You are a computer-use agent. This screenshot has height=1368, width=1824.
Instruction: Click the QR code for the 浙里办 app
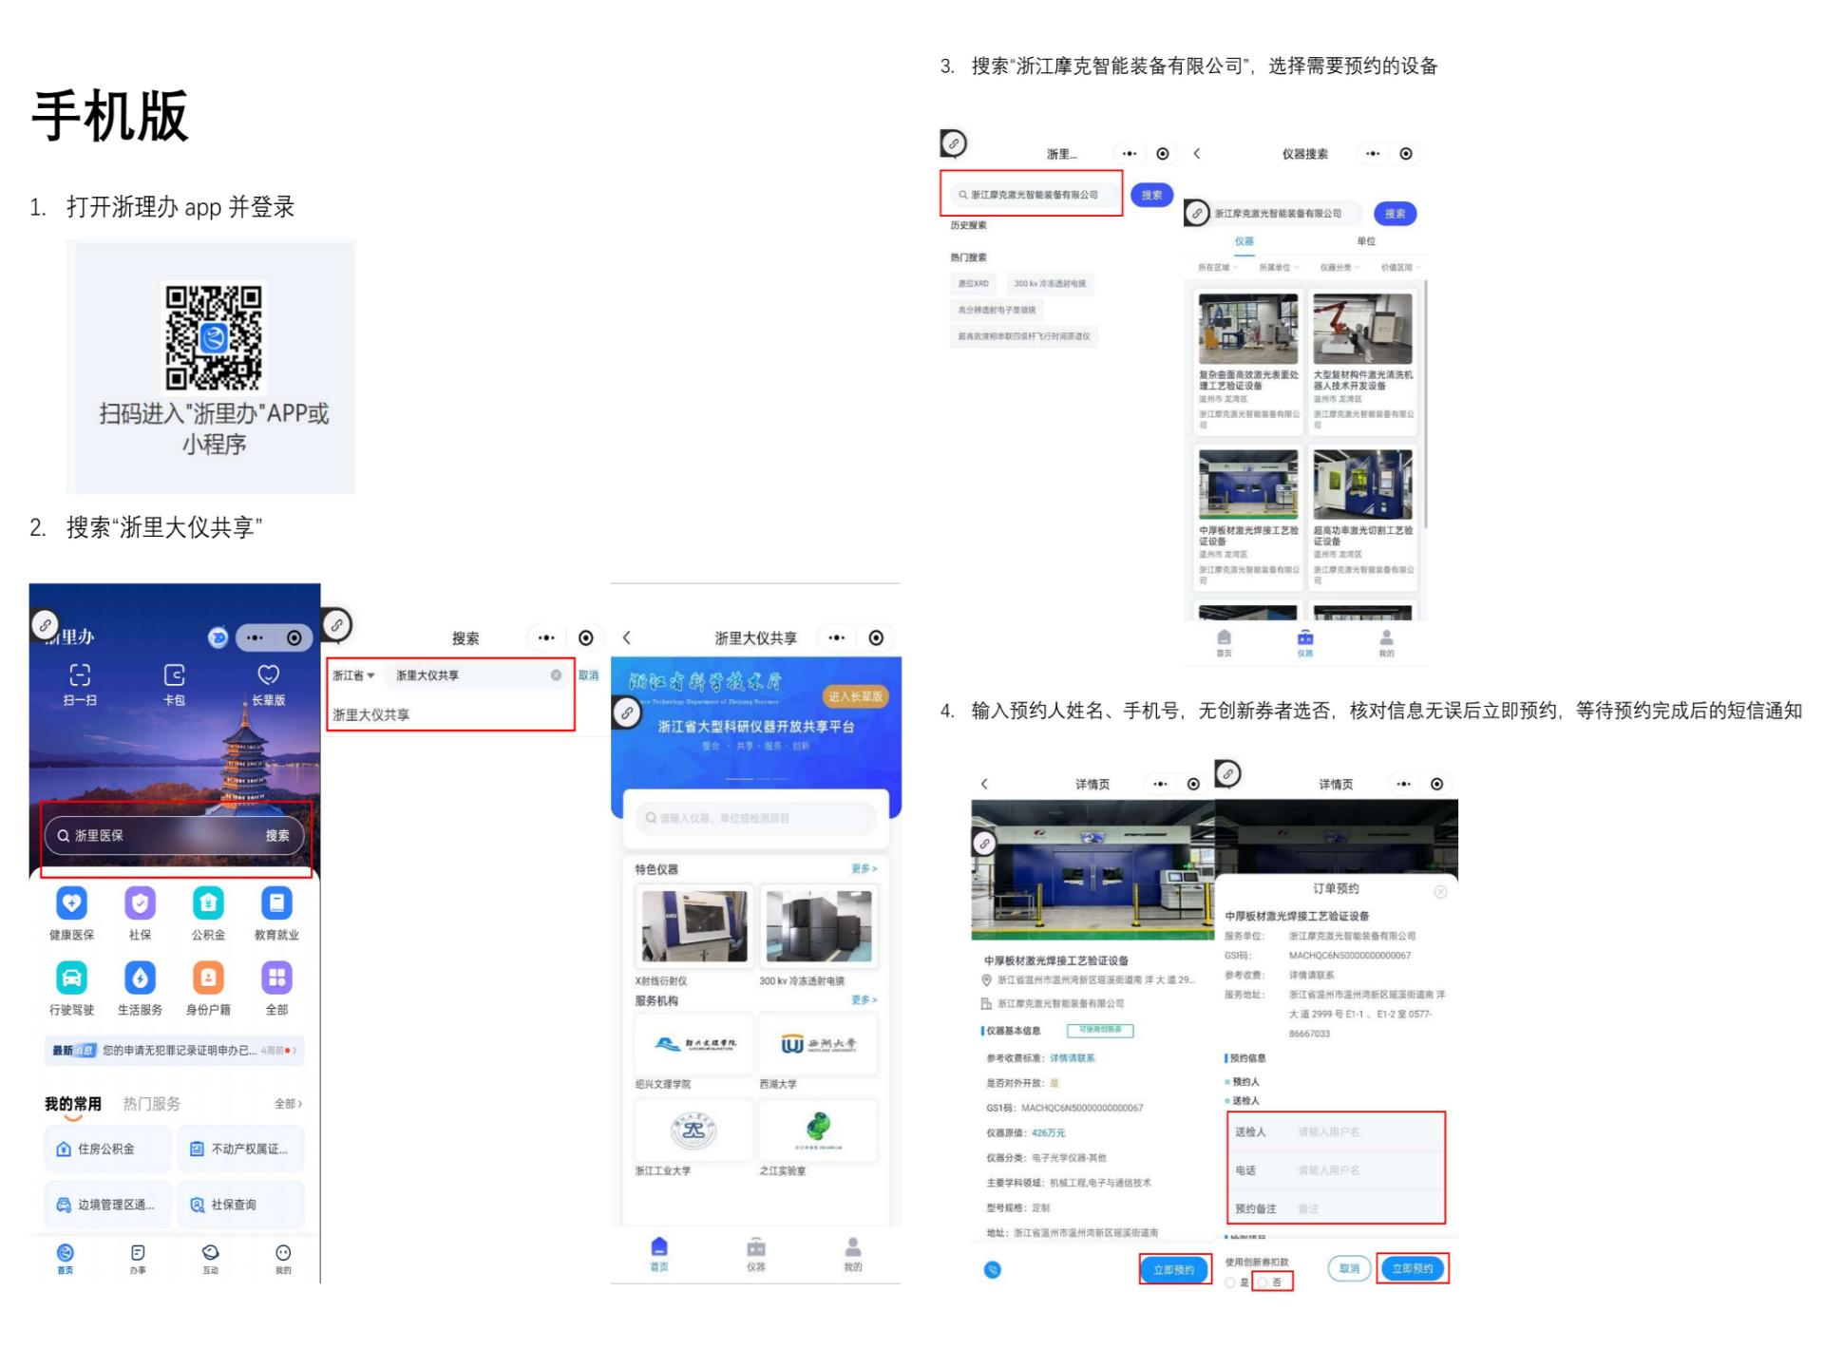pyautogui.click(x=214, y=338)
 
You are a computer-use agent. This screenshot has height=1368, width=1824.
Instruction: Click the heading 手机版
pyautogui.click(x=110, y=117)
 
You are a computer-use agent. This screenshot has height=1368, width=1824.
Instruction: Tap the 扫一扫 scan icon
pyautogui.click(x=80, y=675)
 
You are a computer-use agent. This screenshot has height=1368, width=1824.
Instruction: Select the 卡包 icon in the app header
pyautogui.click(x=174, y=675)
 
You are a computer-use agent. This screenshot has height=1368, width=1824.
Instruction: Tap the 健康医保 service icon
pyautogui.click(x=72, y=903)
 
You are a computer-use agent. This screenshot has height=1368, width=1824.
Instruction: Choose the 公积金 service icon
pyautogui.click(x=208, y=903)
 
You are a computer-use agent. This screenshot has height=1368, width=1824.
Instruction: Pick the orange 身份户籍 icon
pyautogui.click(x=208, y=978)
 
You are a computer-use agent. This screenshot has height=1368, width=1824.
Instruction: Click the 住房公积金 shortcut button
pyautogui.click(x=107, y=1149)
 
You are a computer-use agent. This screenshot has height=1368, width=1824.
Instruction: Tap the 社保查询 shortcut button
pyautogui.click(x=240, y=1205)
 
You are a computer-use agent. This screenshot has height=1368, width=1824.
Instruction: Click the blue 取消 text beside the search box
pyautogui.click(x=589, y=675)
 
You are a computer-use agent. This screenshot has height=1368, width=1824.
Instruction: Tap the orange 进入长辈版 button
pyautogui.click(x=855, y=696)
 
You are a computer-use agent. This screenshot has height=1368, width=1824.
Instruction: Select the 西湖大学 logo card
pyautogui.click(x=818, y=1044)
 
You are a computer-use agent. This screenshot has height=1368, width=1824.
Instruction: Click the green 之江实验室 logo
pyautogui.click(x=818, y=1129)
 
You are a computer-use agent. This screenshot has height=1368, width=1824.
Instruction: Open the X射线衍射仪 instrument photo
pyautogui.click(x=694, y=926)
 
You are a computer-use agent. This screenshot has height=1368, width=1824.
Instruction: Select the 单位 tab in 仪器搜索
pyautogui.click(x=1366, y=241)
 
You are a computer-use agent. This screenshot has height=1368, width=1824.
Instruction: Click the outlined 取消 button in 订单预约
pyautogui.click(x=1349, y=1268)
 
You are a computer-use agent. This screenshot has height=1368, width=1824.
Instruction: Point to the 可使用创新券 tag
pyautogui.click(x=1100, y=1030)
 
